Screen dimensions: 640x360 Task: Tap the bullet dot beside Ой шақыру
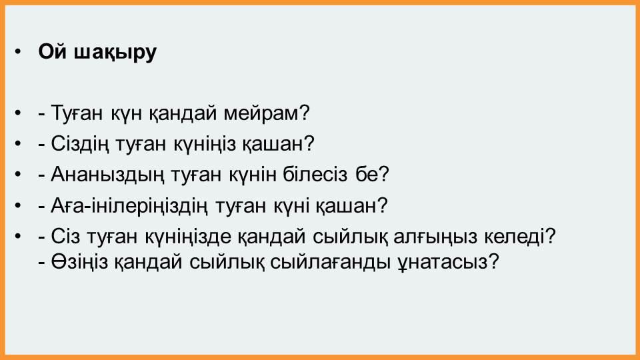[x=17, y=52]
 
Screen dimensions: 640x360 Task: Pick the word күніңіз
[x=205, y=145]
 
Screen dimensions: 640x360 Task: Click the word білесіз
[x=315, y=174]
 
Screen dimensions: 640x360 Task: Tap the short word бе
[x=367, y=174]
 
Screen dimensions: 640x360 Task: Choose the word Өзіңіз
[x=79, y=262]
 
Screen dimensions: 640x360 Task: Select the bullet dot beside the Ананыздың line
[x=17, y=174]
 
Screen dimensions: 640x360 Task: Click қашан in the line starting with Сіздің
[x=273, y=145]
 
